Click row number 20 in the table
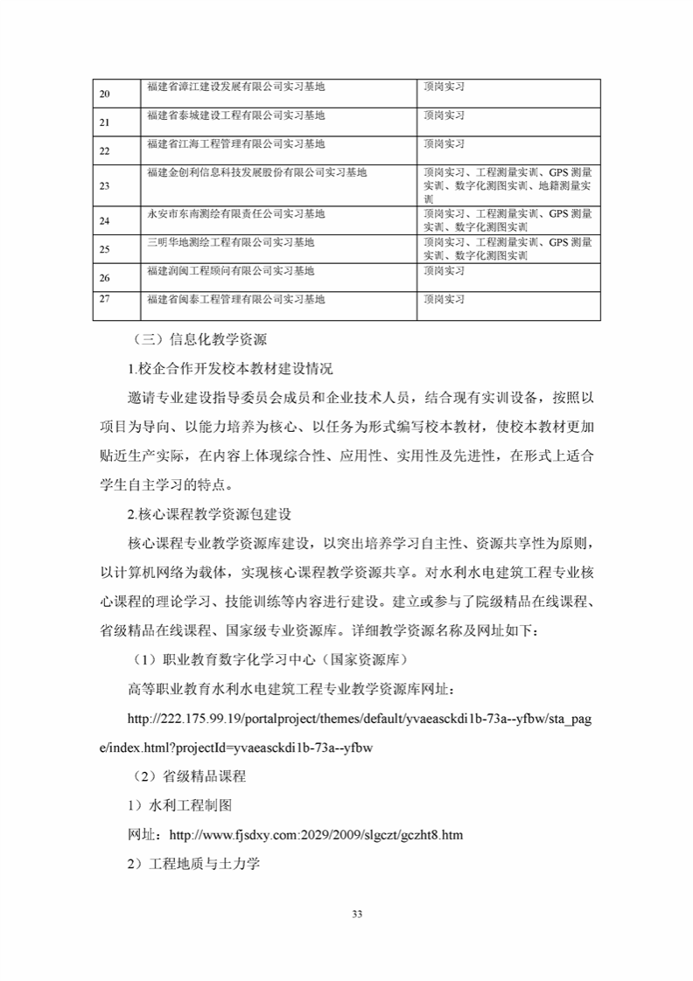[105, 94]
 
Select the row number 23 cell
[105, 185]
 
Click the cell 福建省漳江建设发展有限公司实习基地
[235, 87]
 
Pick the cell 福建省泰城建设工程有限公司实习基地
[235, 115]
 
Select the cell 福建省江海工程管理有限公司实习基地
[235, 143]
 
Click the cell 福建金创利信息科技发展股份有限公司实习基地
[257, 172]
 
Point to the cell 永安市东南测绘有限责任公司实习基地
[235, 213]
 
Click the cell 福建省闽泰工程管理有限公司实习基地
[235, 299]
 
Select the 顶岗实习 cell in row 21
[444, 115]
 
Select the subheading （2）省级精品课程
[188, 776]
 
